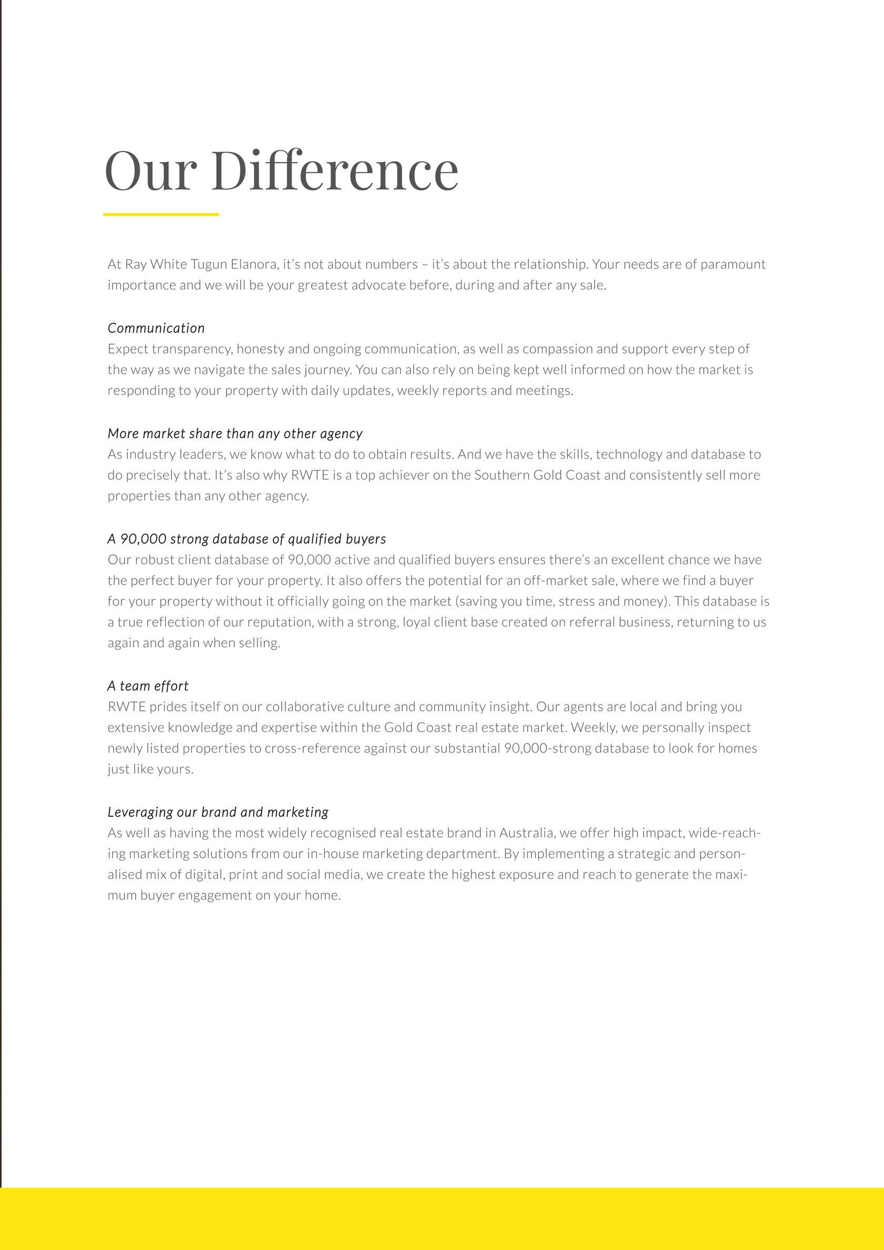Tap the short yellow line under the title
tap(161, 214)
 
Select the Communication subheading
tap(156, 328)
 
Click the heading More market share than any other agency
tap(235, 434)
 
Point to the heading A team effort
tap(148, 686)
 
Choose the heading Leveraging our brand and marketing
tap(218, 812)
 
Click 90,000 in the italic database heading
tap(143, 539)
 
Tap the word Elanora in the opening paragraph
tap(254, 265)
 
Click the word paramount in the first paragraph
tap(733, 265)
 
